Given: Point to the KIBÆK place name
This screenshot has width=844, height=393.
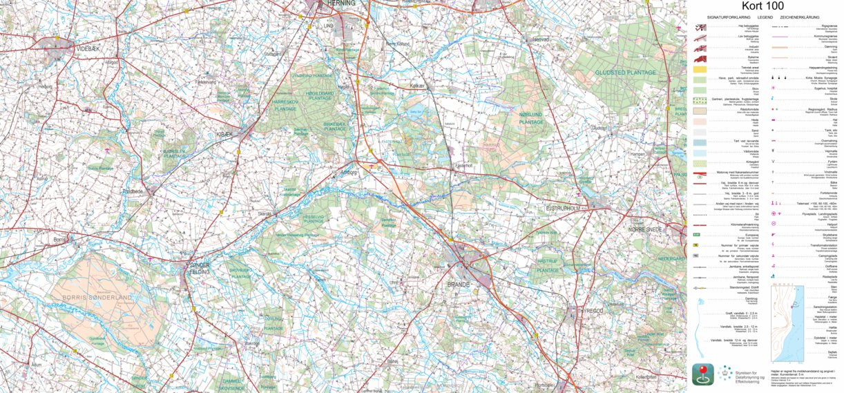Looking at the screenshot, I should tap(226, 133).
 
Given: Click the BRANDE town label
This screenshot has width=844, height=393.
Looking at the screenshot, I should tap(457, 284).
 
